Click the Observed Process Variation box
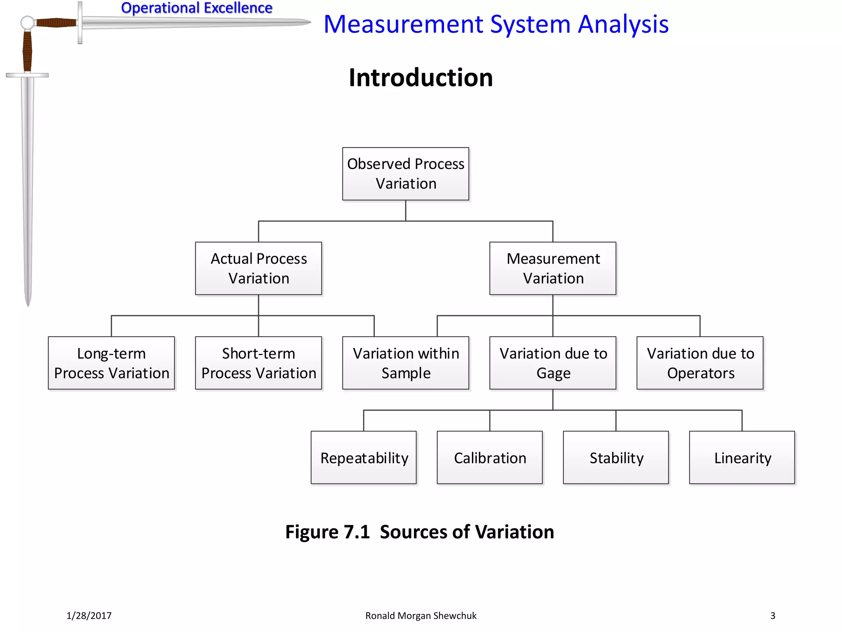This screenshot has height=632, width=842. [x=405, y=174]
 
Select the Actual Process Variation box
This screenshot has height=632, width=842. [x=258, y=268]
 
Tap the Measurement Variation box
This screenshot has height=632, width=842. [x=553, y=268]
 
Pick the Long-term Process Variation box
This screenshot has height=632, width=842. [x=111, y=363]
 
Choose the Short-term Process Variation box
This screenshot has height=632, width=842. [x=258, y=363]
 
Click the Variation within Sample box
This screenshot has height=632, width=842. [x=405, y=363]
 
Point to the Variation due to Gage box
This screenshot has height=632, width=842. [x=553, y=363]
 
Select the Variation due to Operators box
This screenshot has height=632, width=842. [x=700, y=363]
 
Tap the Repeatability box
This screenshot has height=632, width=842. [x=364, y=458]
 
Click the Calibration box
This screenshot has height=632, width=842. [x=490, y=458]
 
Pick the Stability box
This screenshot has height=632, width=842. [x=616, y=458]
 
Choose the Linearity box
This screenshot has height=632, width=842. [x=742, y=458]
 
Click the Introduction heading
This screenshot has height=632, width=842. [x=421, y=78]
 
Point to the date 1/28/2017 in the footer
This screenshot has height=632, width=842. [x=89, y=616]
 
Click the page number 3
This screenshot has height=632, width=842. [x=773, y=616]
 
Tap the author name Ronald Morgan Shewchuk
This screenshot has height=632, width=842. [x=421, y=616]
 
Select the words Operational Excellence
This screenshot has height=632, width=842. [x=197, y=8]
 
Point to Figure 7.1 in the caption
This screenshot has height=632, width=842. [x=327, y=532]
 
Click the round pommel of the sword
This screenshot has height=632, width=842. [x=27, y=23]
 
